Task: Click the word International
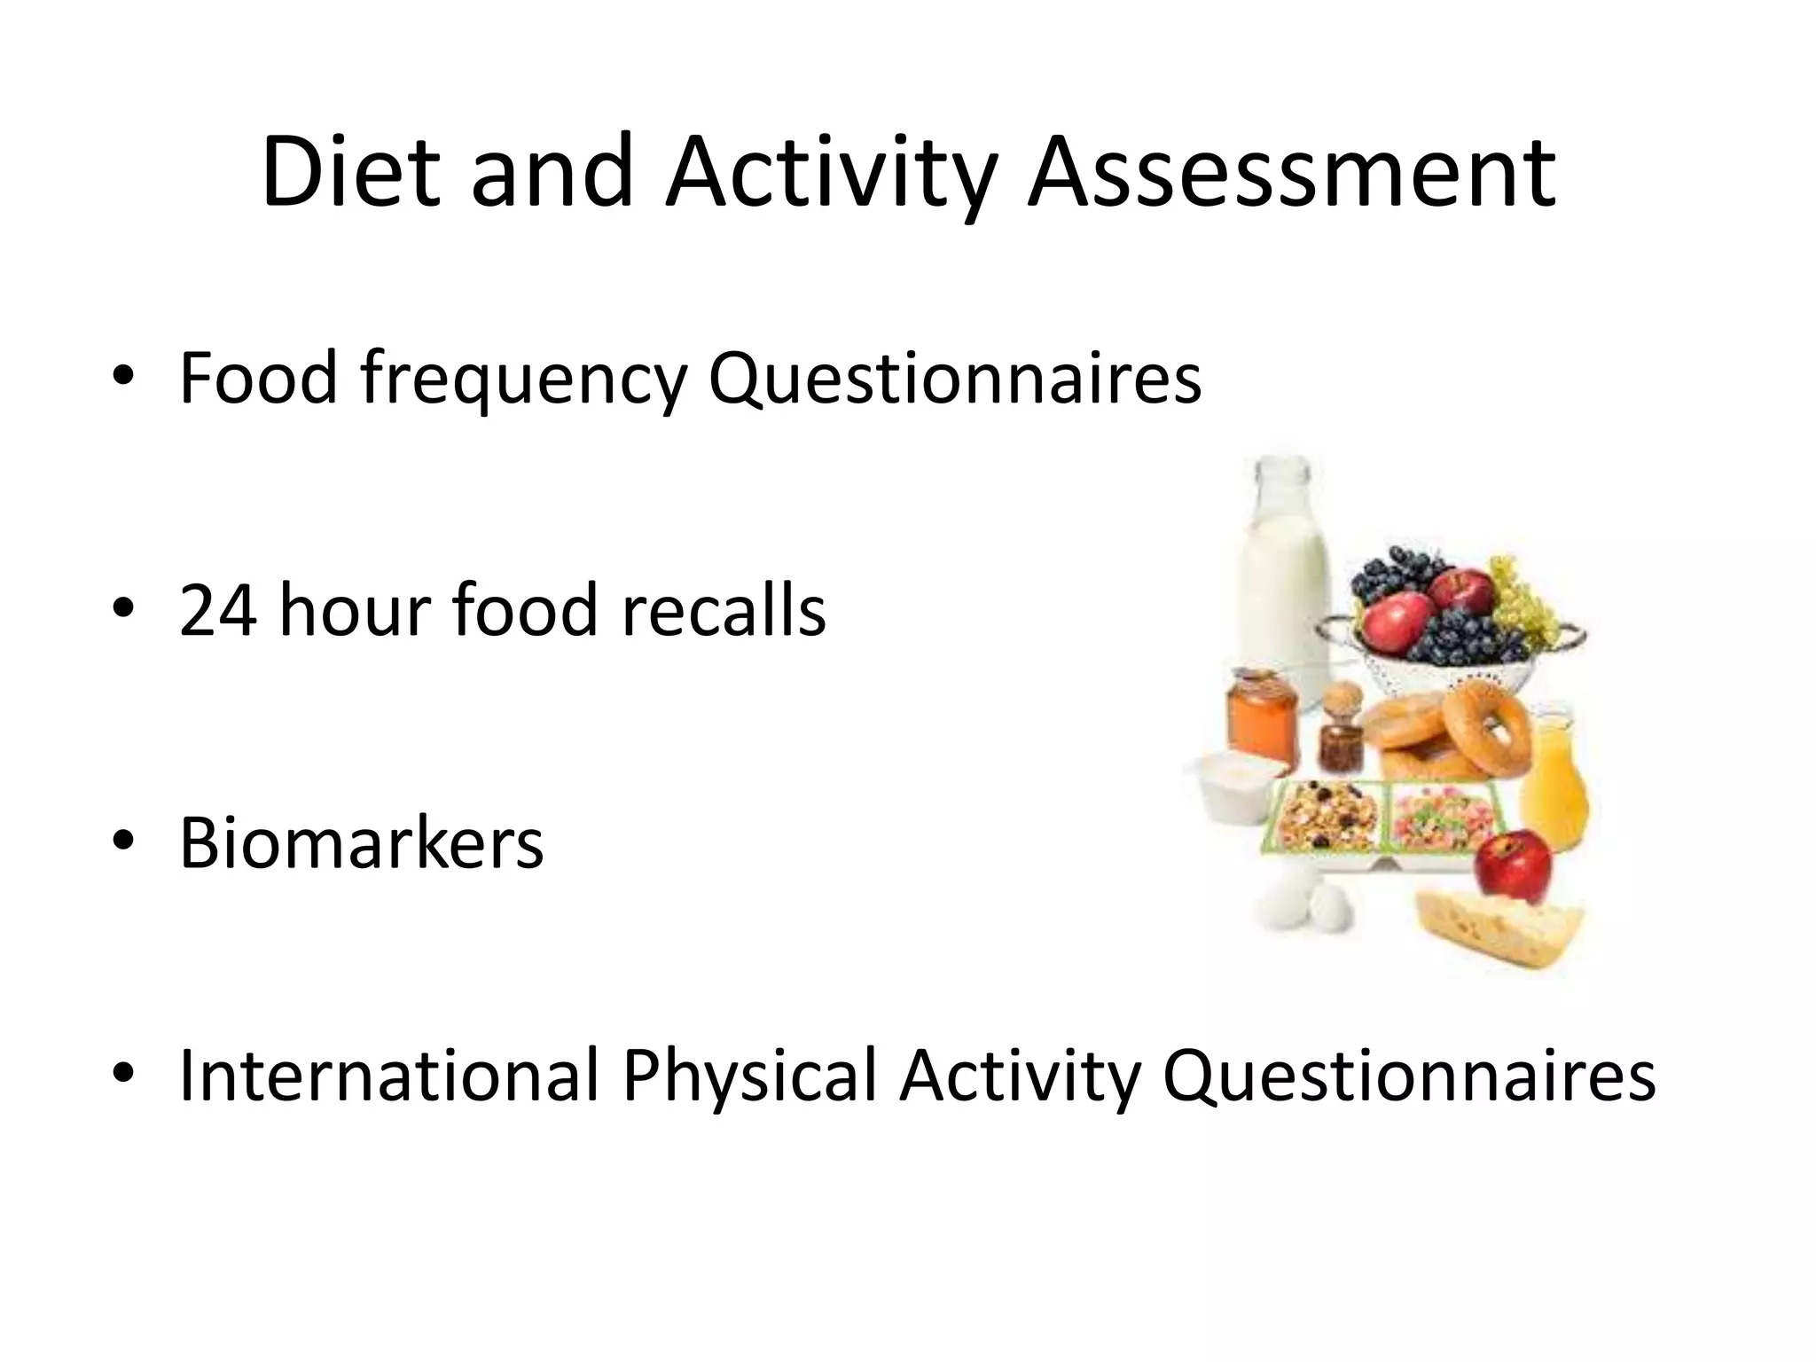pos(388,1075)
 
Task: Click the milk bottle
pos(1284,567)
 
